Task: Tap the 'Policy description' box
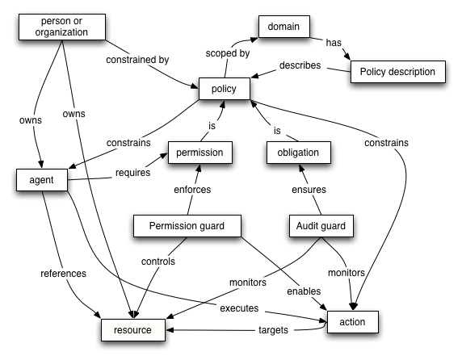coord(397,72)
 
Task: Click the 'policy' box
coord(223,89)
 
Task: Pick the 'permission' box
coord(199,151)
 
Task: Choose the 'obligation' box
coord(298,151)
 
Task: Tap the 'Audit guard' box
coord(321,226)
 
